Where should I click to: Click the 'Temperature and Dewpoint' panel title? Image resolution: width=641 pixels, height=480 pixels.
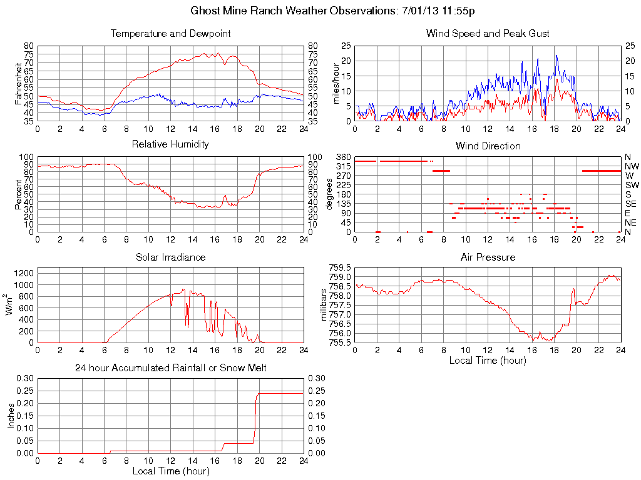[x=170, y=33]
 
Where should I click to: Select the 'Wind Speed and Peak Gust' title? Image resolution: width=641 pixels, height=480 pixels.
[x=488, y=33]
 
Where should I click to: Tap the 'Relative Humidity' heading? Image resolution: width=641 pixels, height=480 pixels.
[x=170, y=144]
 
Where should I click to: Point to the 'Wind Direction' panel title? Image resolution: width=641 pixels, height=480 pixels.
[x=488, y=146]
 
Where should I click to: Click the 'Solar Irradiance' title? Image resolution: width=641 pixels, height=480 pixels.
[x=170, y=257]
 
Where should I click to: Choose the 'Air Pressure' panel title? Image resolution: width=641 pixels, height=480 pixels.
[x=488, y=257]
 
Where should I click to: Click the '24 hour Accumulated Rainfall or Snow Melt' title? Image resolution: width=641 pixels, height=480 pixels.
[x=170, y=368]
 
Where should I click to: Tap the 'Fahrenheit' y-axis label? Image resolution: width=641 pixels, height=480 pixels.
[x=18, y=83]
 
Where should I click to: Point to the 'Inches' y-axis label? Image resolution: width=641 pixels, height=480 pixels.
[x=11, y=415]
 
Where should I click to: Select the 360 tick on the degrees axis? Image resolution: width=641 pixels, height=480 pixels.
[x=343, y=156]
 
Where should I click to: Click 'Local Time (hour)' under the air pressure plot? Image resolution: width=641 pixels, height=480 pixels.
[x=488, y=360]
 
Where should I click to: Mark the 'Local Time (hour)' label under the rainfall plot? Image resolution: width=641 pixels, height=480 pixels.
[x=170, y=471]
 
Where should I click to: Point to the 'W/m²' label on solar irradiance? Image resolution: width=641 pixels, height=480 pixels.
[x=10, y=304]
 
